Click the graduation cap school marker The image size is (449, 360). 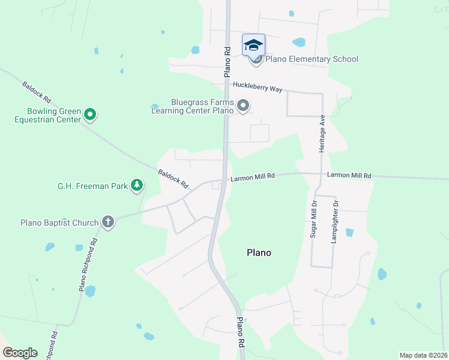coord(253,45)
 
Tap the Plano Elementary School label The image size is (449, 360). coord(312,59)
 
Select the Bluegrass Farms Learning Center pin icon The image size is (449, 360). coord(243,106)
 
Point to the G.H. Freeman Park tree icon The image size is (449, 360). coord(137,185)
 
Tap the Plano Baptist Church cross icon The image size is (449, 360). coord(108,222)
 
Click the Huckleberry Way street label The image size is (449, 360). coord(258,88)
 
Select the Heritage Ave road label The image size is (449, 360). coord(322,133)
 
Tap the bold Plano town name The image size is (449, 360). coord(259,253)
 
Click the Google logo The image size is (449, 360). coord(19,352)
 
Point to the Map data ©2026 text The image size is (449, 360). coord(424,355)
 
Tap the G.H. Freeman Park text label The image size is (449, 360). coord(92,186)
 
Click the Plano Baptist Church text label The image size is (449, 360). coord(59,223)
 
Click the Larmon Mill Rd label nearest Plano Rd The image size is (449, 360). coord(253,176)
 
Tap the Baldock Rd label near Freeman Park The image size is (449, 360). coord(173,178)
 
